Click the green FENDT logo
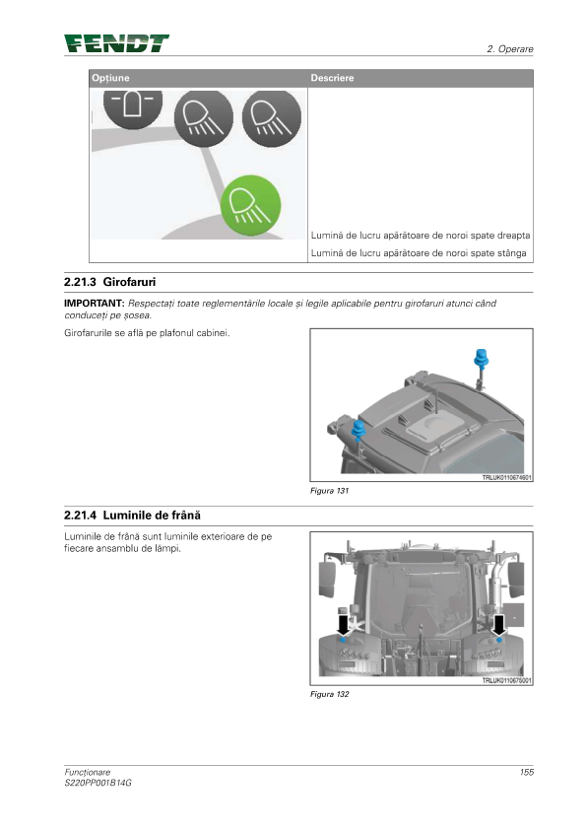116,43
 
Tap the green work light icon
251,205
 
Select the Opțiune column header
110,78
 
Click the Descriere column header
332,78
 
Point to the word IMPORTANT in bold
95,304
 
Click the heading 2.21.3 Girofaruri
110,282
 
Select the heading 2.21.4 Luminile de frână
132,515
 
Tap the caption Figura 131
330,491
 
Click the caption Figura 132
330,694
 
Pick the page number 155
527,772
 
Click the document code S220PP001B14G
98,783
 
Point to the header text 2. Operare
510,48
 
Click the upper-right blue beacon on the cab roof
482,359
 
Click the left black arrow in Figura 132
343,625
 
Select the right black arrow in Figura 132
498,625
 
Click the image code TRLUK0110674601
506,477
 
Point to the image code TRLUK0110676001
506,681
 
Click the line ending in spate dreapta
421,236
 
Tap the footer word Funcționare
88,772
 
